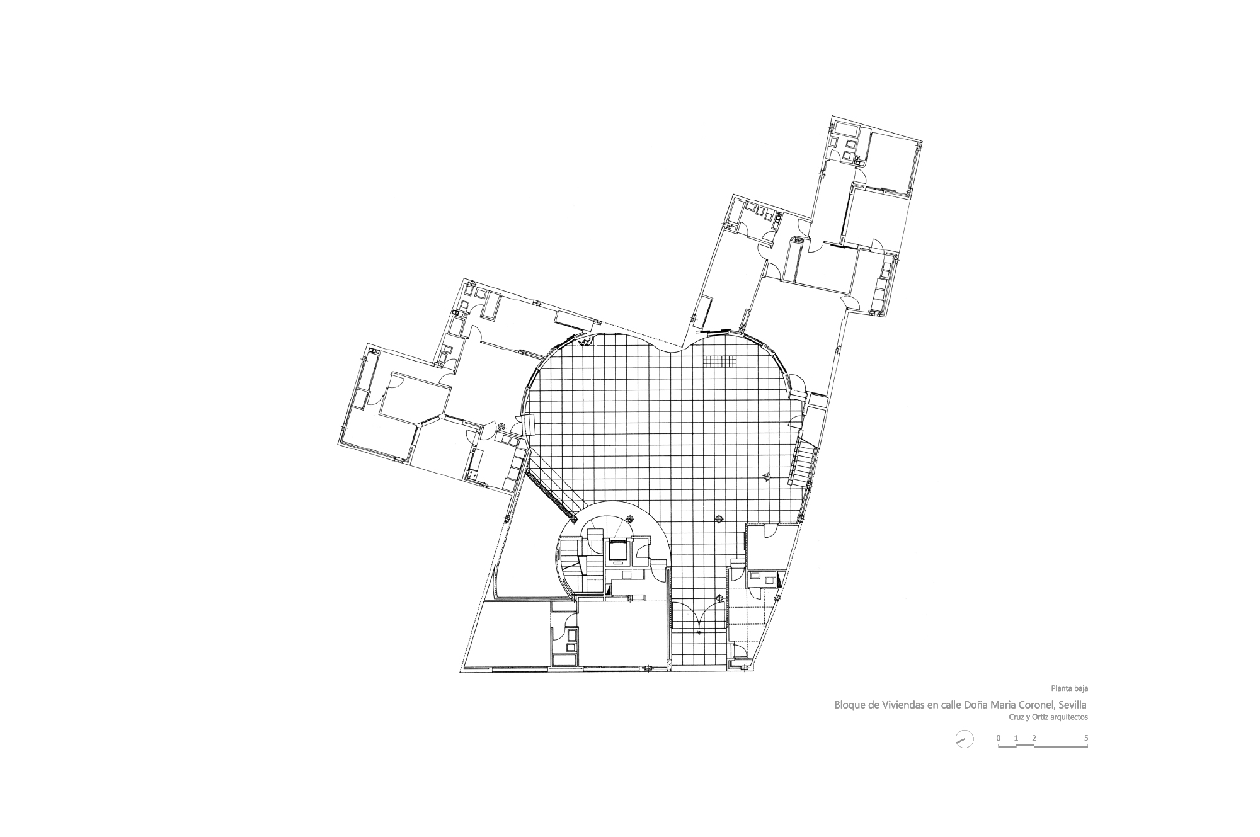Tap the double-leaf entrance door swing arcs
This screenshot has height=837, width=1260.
tap(698, 617)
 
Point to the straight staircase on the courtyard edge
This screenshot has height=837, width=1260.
tap(804, 462)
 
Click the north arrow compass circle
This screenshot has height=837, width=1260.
tap(964, 739)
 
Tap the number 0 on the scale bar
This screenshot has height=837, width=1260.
tap(998, 737)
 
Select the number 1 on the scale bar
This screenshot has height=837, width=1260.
tap(1016, 737)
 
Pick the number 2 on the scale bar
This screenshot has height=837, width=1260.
tap(1034, 737)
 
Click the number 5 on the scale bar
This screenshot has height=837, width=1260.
tap(1086, 737)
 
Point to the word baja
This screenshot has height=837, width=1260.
tap(1080, 688)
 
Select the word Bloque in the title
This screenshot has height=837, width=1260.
tap(850, 705)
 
